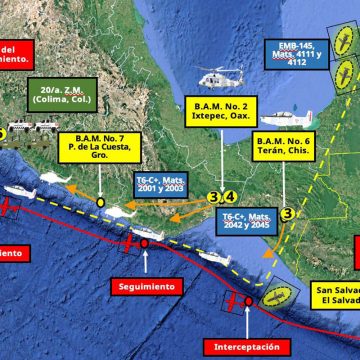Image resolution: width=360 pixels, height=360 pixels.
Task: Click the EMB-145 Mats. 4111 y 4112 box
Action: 302,57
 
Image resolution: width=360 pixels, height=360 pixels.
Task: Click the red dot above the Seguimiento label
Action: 144,241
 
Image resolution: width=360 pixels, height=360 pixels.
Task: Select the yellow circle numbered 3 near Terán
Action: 286,213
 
